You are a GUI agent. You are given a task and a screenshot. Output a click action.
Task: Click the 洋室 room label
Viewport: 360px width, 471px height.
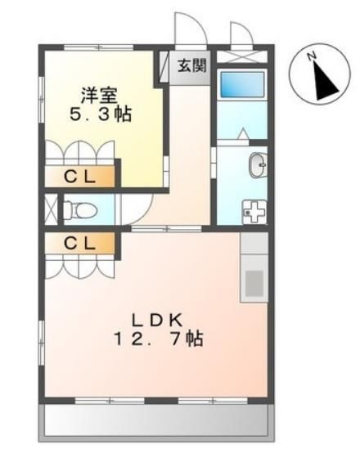coord(96,92)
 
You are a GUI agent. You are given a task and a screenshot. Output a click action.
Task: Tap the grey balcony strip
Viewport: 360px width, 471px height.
coord(155,422)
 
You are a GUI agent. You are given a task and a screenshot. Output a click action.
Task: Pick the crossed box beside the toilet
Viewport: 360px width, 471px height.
coord(50,209)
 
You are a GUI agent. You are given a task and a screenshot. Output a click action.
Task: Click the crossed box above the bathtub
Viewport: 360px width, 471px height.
coord(242,57)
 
